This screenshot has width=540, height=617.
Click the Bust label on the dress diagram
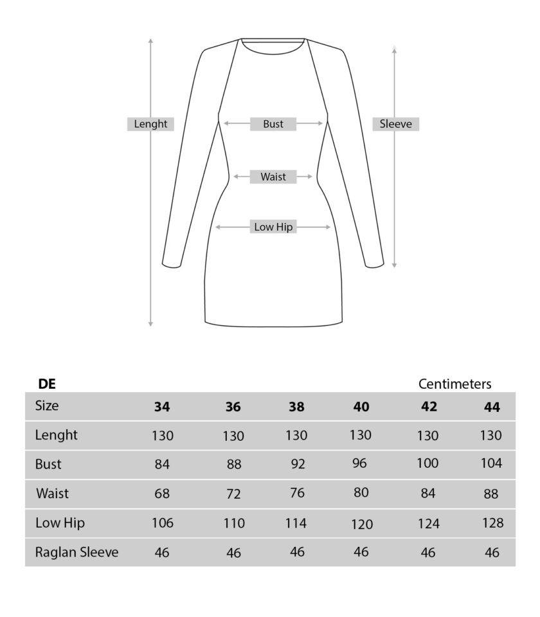[273, 124]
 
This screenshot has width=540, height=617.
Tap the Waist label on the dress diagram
[273, 177]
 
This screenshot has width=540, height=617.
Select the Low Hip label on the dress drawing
[273, 227]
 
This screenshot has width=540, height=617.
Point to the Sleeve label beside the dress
[395, 124]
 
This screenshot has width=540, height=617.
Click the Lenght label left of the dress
[150, 124]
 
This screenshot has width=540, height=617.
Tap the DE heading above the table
[47, 384]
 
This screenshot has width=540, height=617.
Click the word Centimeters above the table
[455, 384]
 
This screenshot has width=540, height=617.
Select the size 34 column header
[162, 407]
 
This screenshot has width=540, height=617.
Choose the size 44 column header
[491, 407]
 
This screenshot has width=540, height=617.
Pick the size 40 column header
[361, 407]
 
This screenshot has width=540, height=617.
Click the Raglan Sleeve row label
[76, 551]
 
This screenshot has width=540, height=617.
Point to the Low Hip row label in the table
[60, 523]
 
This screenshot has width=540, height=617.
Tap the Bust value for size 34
[162, 464]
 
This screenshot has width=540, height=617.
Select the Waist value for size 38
[297, 494]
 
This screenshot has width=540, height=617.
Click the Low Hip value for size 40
[361, 524]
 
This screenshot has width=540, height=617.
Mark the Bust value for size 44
[491, 463]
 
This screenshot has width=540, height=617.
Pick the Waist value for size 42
[428, 494]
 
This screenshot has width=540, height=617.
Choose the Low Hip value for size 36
[233, 524]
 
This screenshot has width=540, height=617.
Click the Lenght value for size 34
[162, 436]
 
